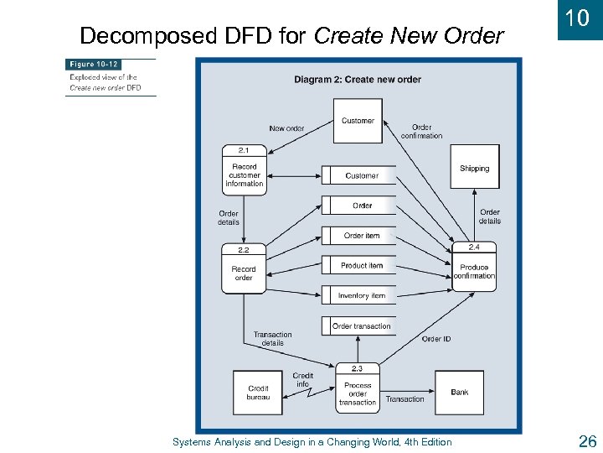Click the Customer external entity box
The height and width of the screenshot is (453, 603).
(358, 121)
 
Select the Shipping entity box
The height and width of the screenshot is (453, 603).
(474, 167)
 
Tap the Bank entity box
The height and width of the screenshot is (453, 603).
(459, 392)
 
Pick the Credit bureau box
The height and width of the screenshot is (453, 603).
(258, 393)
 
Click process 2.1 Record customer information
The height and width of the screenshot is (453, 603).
(244, 171)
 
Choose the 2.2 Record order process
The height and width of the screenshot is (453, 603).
(244, 269)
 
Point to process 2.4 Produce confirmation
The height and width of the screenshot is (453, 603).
(474, 268)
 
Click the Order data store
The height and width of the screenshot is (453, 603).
(362, 206)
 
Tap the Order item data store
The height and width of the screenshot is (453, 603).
(362, 236)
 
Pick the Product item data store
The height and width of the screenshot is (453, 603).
(362, 266)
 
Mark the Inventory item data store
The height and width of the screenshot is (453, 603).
(362, 296)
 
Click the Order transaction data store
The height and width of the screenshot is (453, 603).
(361, 326)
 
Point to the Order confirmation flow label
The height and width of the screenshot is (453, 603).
(421, 132)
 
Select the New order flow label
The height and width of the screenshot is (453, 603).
(286, 128)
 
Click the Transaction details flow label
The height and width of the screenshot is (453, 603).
(272, 339)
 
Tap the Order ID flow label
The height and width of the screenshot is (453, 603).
(436, 339)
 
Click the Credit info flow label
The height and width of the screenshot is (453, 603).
(303, 380)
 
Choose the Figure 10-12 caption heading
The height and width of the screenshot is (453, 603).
(95, 65)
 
